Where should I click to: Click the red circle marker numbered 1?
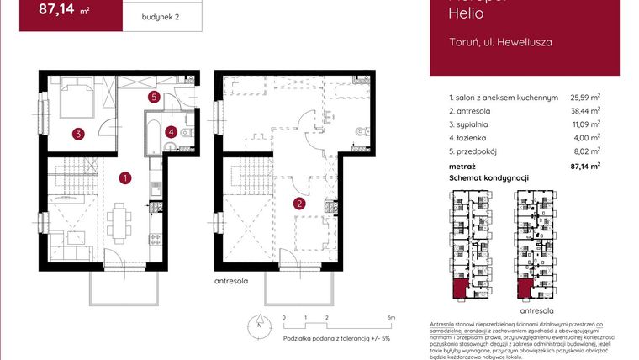[124, 178]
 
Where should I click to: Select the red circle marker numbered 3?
[77, 133]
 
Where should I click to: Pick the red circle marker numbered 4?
[171, 131]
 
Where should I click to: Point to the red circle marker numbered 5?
[154, 97]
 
